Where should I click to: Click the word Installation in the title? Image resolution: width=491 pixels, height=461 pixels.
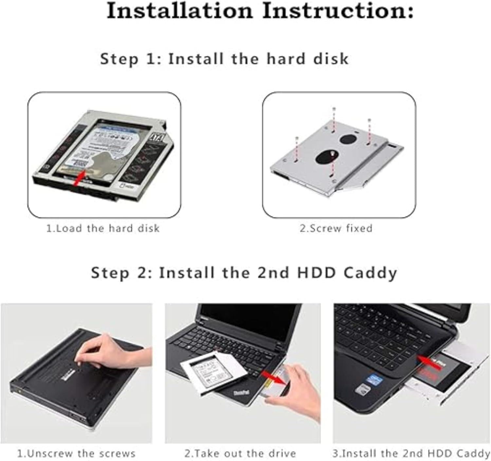180,11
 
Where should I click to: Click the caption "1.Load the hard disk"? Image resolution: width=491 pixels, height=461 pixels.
103,228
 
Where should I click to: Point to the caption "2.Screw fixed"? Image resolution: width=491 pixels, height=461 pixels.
336,228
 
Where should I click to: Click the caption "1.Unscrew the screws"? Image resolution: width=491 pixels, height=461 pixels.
76,453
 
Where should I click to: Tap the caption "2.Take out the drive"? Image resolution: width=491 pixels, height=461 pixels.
240,453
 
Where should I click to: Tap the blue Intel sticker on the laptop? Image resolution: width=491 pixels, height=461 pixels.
374,379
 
